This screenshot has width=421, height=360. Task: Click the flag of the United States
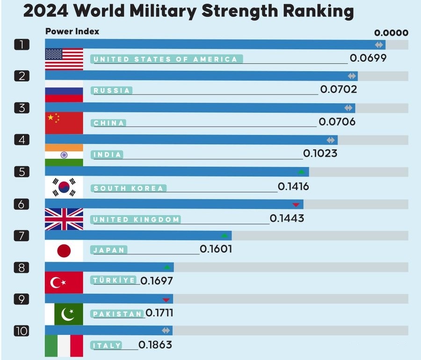pos(64,59)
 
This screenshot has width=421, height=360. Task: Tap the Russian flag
pos(64,91)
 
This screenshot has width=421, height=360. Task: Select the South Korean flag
pos(64,187)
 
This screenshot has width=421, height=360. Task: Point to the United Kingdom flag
pos(64,219)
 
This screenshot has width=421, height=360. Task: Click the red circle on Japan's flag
pos(64,251)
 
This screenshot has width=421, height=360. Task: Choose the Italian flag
pos(64,346)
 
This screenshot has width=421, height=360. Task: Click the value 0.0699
pos(368,59)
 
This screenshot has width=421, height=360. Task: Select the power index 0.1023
pos(320,153)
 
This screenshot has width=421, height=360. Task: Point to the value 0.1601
pos(216,250)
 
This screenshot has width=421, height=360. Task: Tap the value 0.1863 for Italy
pos(155,345)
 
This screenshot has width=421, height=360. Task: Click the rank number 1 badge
pos(22,45)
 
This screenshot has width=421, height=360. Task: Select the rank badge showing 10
pos(22,331)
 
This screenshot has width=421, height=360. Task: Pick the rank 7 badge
pos(22,235)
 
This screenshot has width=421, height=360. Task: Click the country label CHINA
pos(109,123)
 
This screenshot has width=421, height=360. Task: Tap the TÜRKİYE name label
pos(115,280)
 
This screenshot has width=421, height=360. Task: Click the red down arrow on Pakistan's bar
pos(166,300)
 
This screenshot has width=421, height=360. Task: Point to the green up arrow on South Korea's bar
pos(301,172)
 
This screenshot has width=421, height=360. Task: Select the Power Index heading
pos(72,32)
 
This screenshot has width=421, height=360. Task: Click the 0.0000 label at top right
pos(391,33)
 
